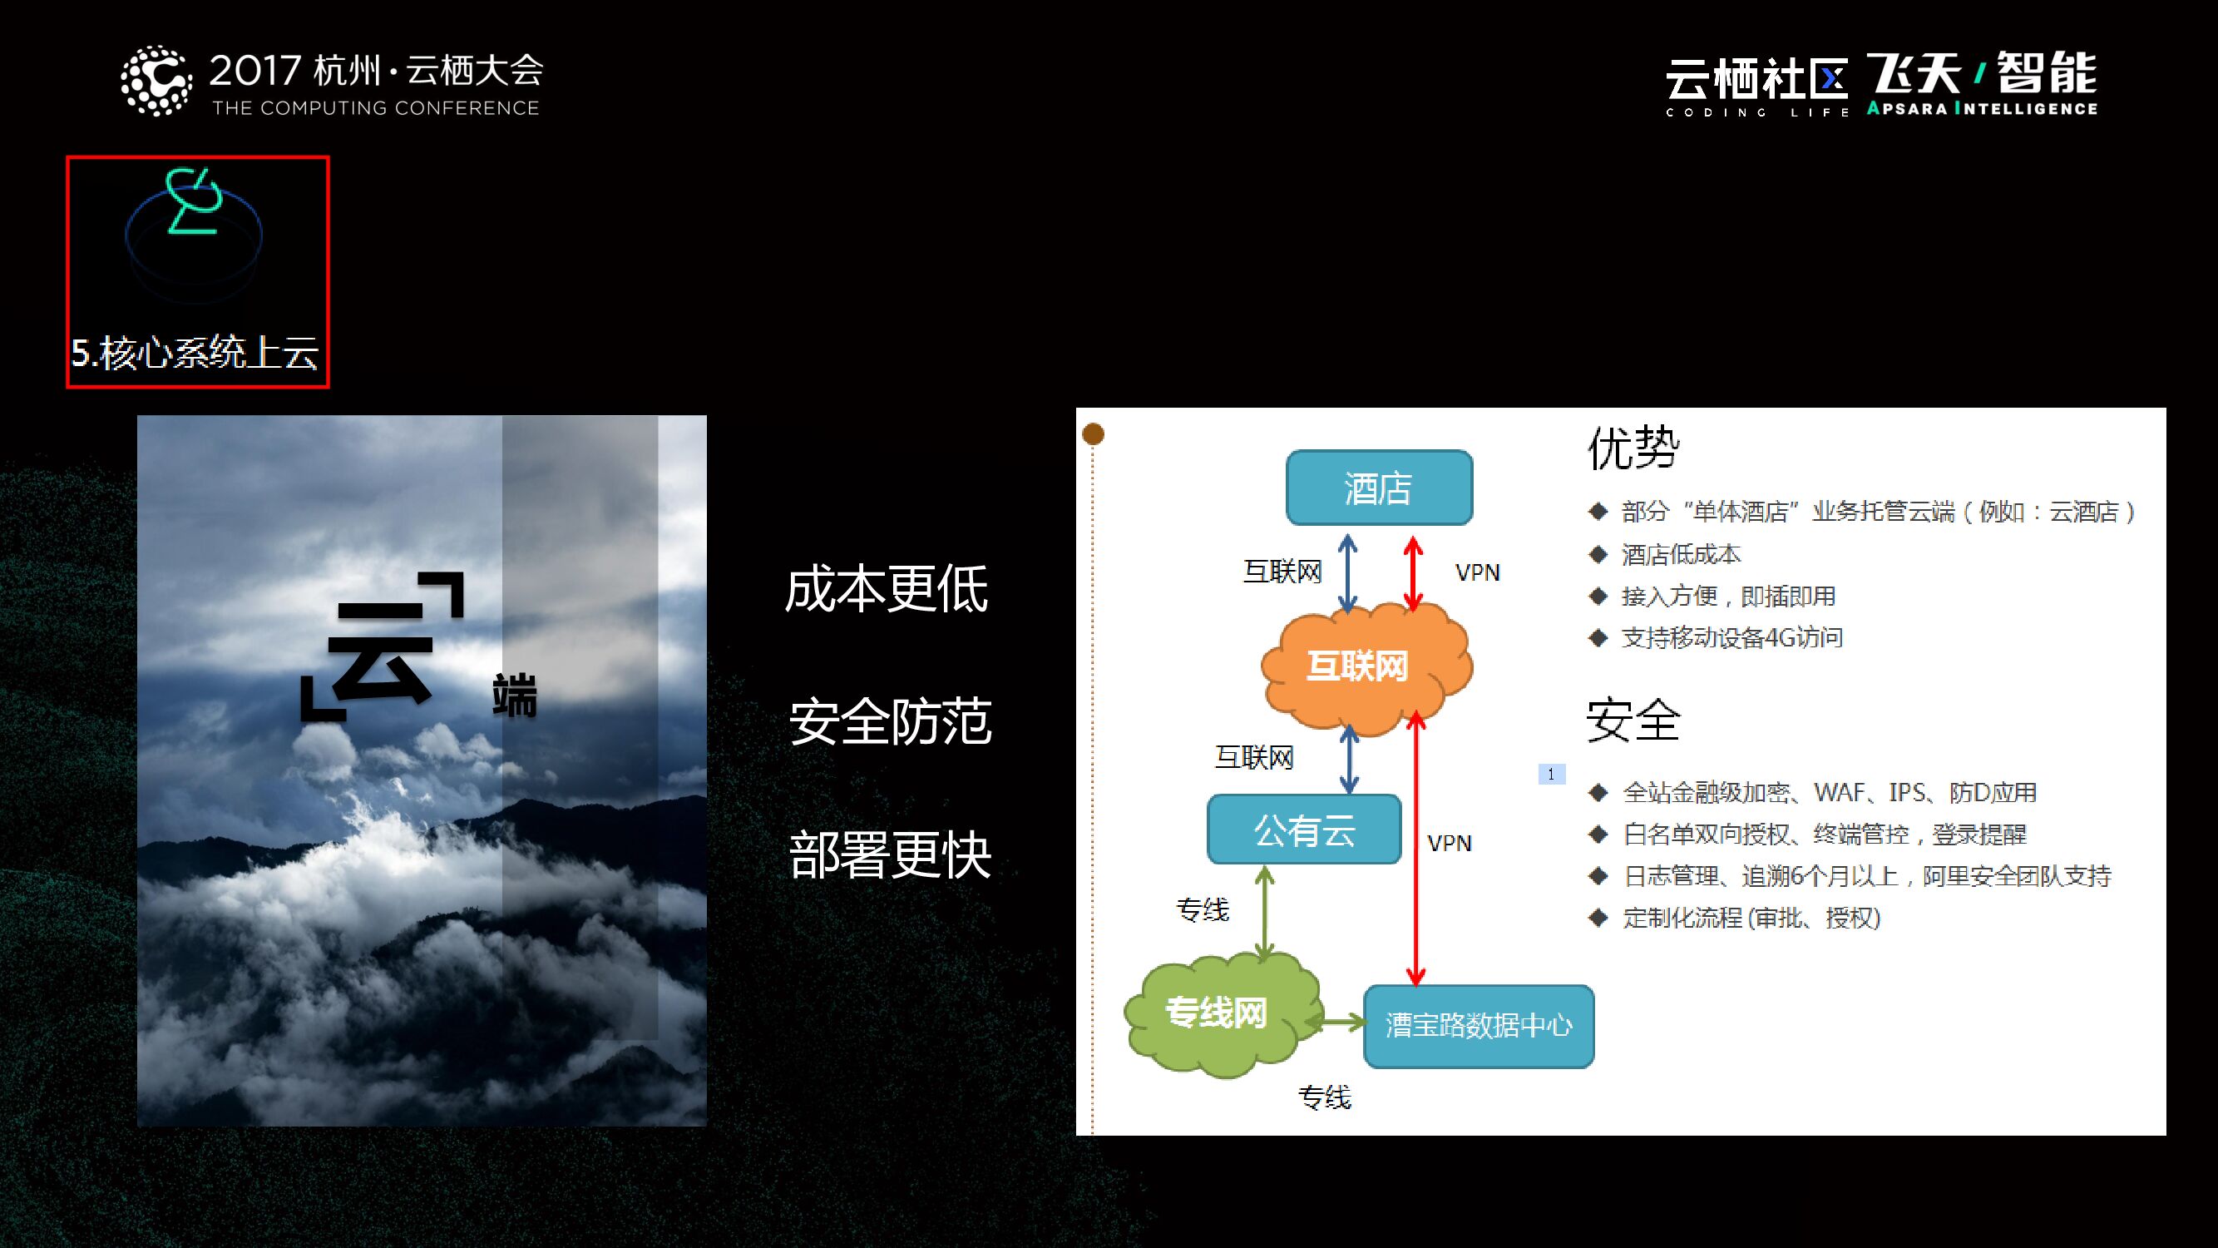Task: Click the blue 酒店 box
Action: point(1379,488)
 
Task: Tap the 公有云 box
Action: point(1303,830)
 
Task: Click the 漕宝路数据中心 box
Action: point(1479,1025)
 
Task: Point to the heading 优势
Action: point(1633,447)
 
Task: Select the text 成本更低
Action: point(886,589)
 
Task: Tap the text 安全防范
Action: point(891,721)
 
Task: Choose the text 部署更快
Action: point(891,854)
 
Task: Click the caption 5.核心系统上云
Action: point(195,353)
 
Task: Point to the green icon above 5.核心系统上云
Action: point(195,202)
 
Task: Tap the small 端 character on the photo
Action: point(515,696)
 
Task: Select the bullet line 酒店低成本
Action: point(1680,554)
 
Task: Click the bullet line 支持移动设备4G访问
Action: point(1731,637)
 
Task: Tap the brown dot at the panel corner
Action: point(1093,433)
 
